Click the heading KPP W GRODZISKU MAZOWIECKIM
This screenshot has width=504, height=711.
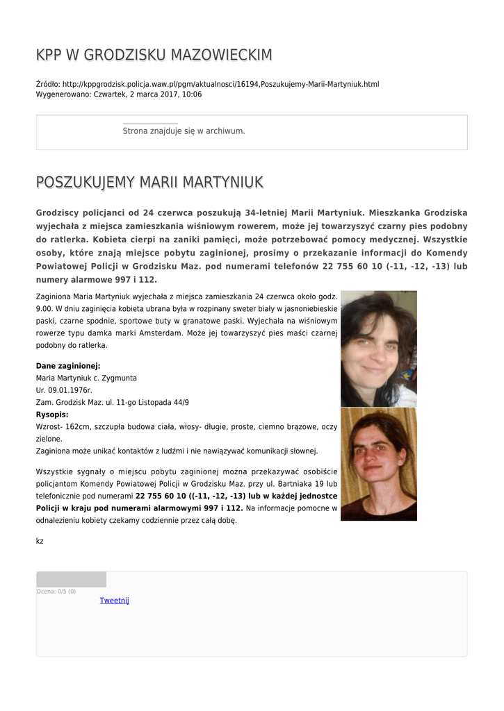pos(154,55)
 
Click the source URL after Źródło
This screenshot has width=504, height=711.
pos(220,84)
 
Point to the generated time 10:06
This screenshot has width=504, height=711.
pos(192,94)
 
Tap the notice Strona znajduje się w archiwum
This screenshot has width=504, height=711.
pos(184,131)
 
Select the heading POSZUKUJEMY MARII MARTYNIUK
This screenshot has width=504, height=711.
pos(149,183)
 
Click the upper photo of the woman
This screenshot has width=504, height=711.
pos(378,349)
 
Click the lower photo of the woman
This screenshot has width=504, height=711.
pos(378,464)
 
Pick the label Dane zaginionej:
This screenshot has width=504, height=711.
pos(68,365)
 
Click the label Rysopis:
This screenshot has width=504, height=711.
pos(52,415)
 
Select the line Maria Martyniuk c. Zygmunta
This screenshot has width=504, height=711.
pos(86,378)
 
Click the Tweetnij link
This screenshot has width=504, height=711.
pos(114,601)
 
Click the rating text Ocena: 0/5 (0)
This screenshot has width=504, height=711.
pos(56,592)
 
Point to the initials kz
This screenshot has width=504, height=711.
pos(40,540)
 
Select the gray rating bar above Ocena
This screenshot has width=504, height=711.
pos(71,579)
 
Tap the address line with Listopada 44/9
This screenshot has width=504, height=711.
pos(112,402)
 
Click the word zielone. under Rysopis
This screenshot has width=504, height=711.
pos(49,439)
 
